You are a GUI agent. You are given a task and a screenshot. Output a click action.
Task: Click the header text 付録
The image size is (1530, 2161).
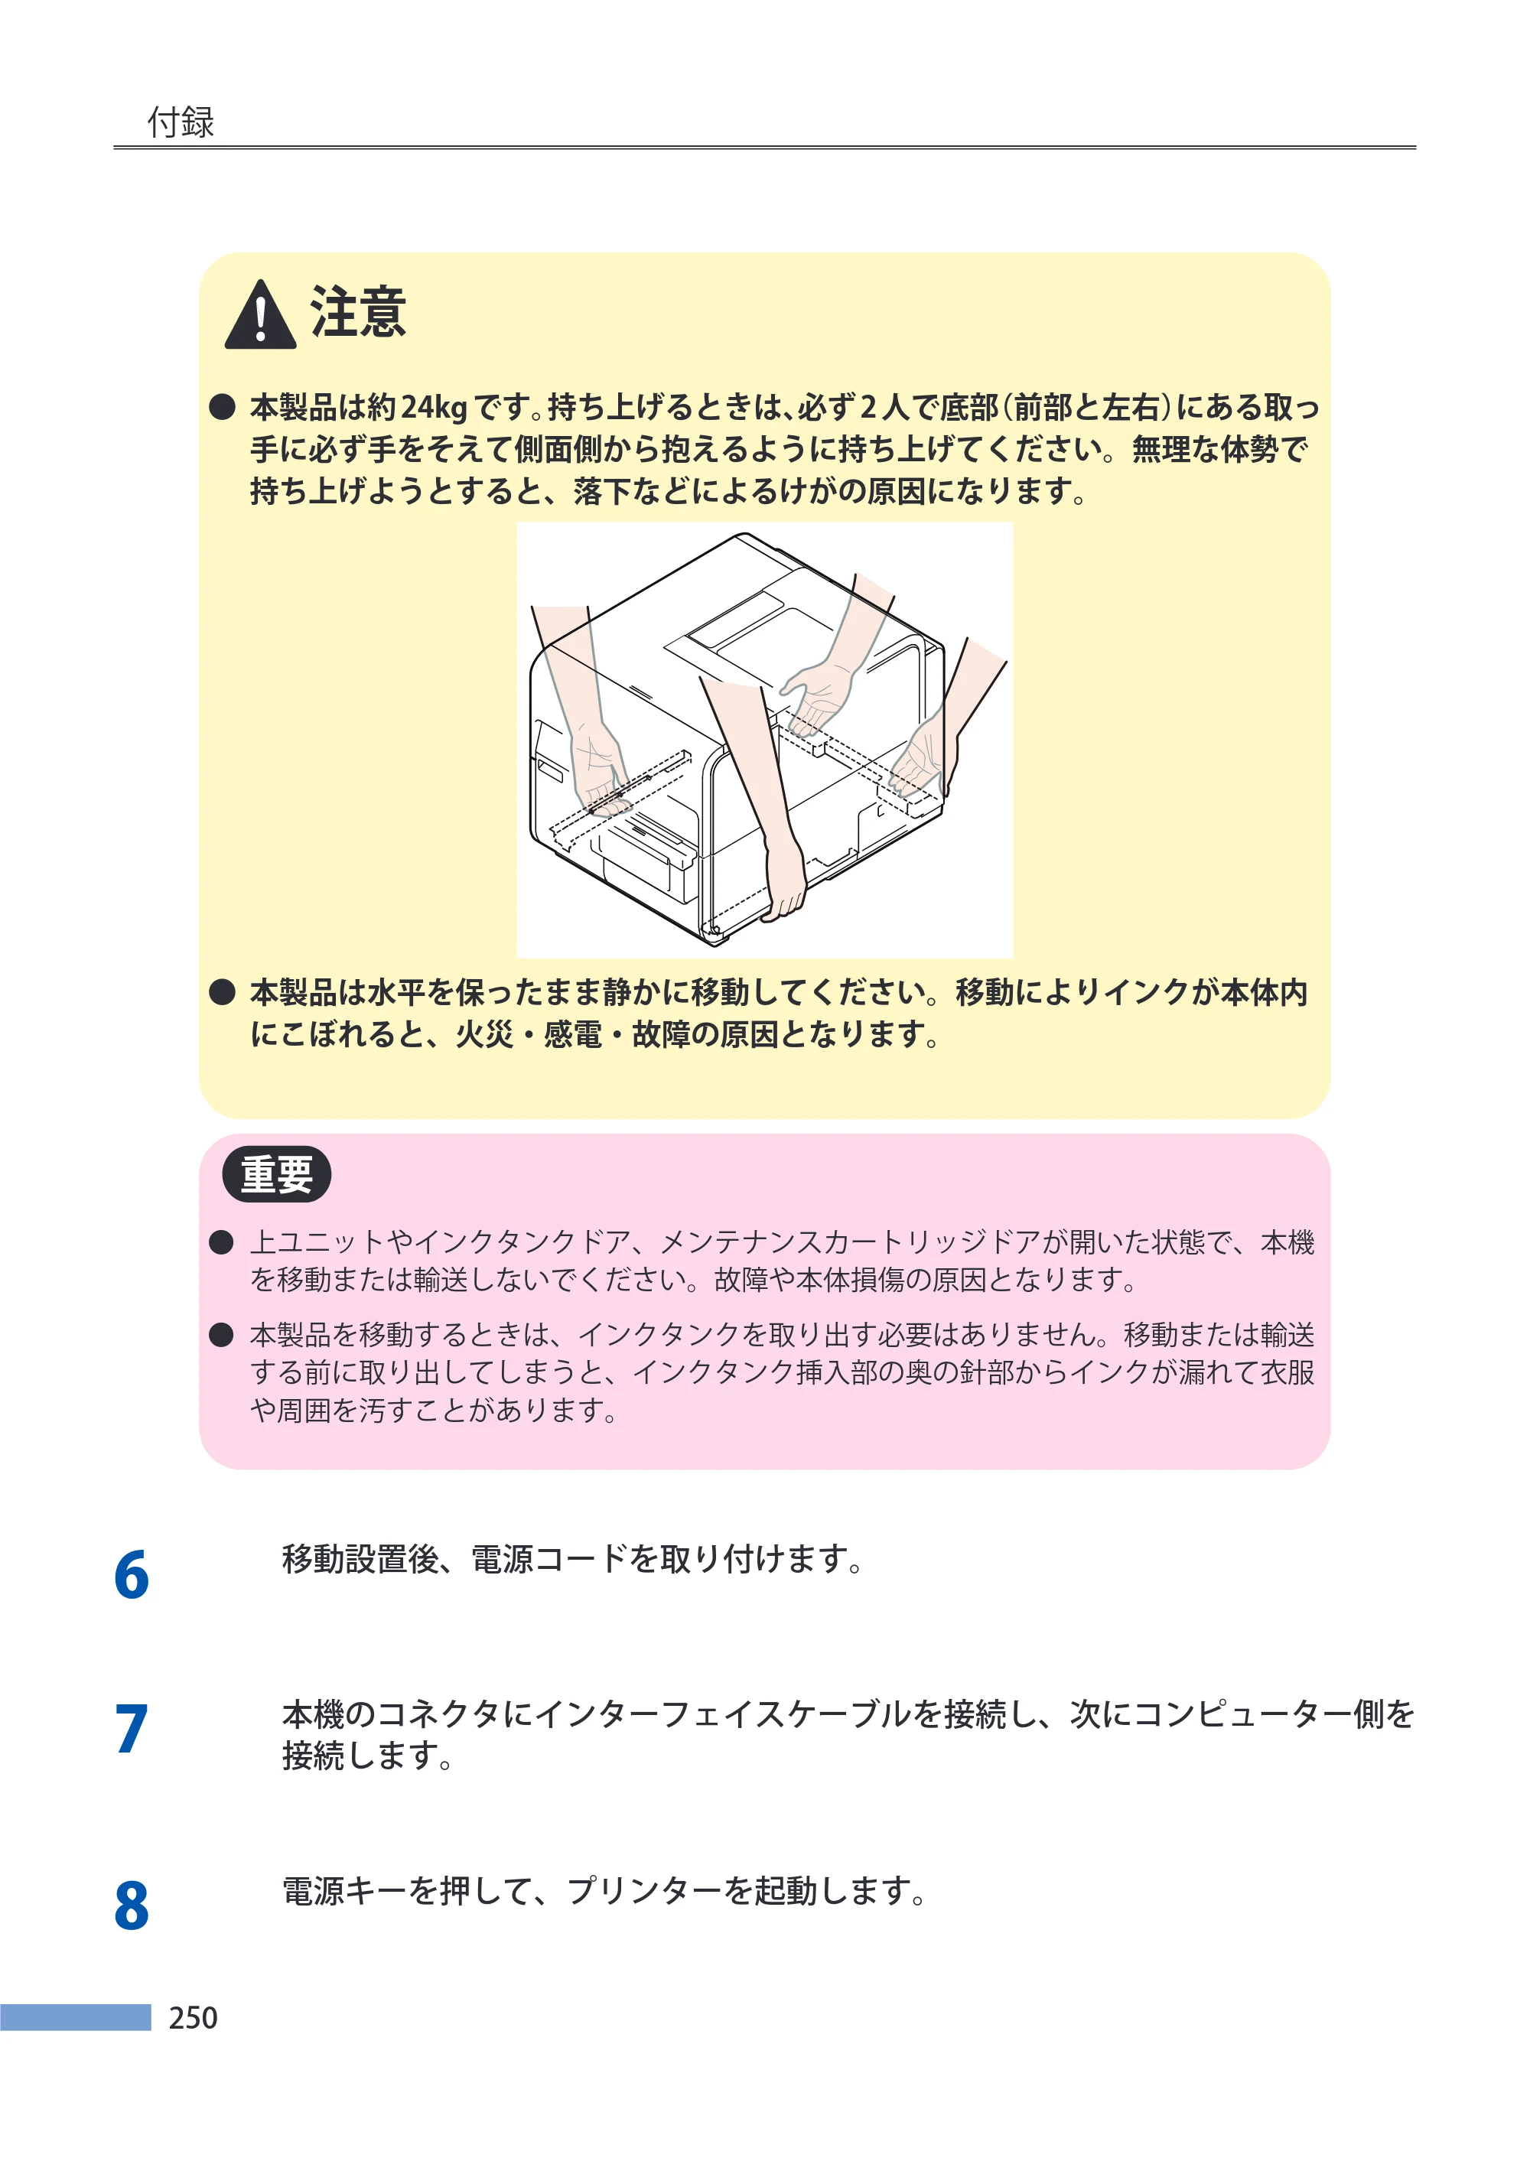tap(181, 122)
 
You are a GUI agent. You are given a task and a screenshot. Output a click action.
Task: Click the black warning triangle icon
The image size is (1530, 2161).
tap(260, 314)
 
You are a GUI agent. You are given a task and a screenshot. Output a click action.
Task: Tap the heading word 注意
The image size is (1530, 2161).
tap(358, 312)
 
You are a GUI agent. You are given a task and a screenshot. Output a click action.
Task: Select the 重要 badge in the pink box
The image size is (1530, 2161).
tap(276, 1173)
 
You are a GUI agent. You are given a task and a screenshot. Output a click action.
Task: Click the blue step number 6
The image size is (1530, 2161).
tap(132, 1575)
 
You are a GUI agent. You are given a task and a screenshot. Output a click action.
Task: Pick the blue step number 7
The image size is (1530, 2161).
tap(132, 1729)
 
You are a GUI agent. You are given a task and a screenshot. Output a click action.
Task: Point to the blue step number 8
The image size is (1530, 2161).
tap(132, 1905)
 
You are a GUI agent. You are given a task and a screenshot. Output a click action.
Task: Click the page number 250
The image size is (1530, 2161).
tap(193, 2018)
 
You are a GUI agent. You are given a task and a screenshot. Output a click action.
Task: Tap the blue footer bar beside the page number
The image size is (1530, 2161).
tap(76, 2017)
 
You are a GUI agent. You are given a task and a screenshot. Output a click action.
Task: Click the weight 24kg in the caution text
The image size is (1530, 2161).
tap(435, 407)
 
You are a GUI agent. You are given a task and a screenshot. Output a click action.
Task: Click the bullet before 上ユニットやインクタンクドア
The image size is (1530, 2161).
tap(221, 1242)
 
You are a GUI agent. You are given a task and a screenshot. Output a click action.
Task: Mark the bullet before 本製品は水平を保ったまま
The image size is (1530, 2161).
tap(221, 992)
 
